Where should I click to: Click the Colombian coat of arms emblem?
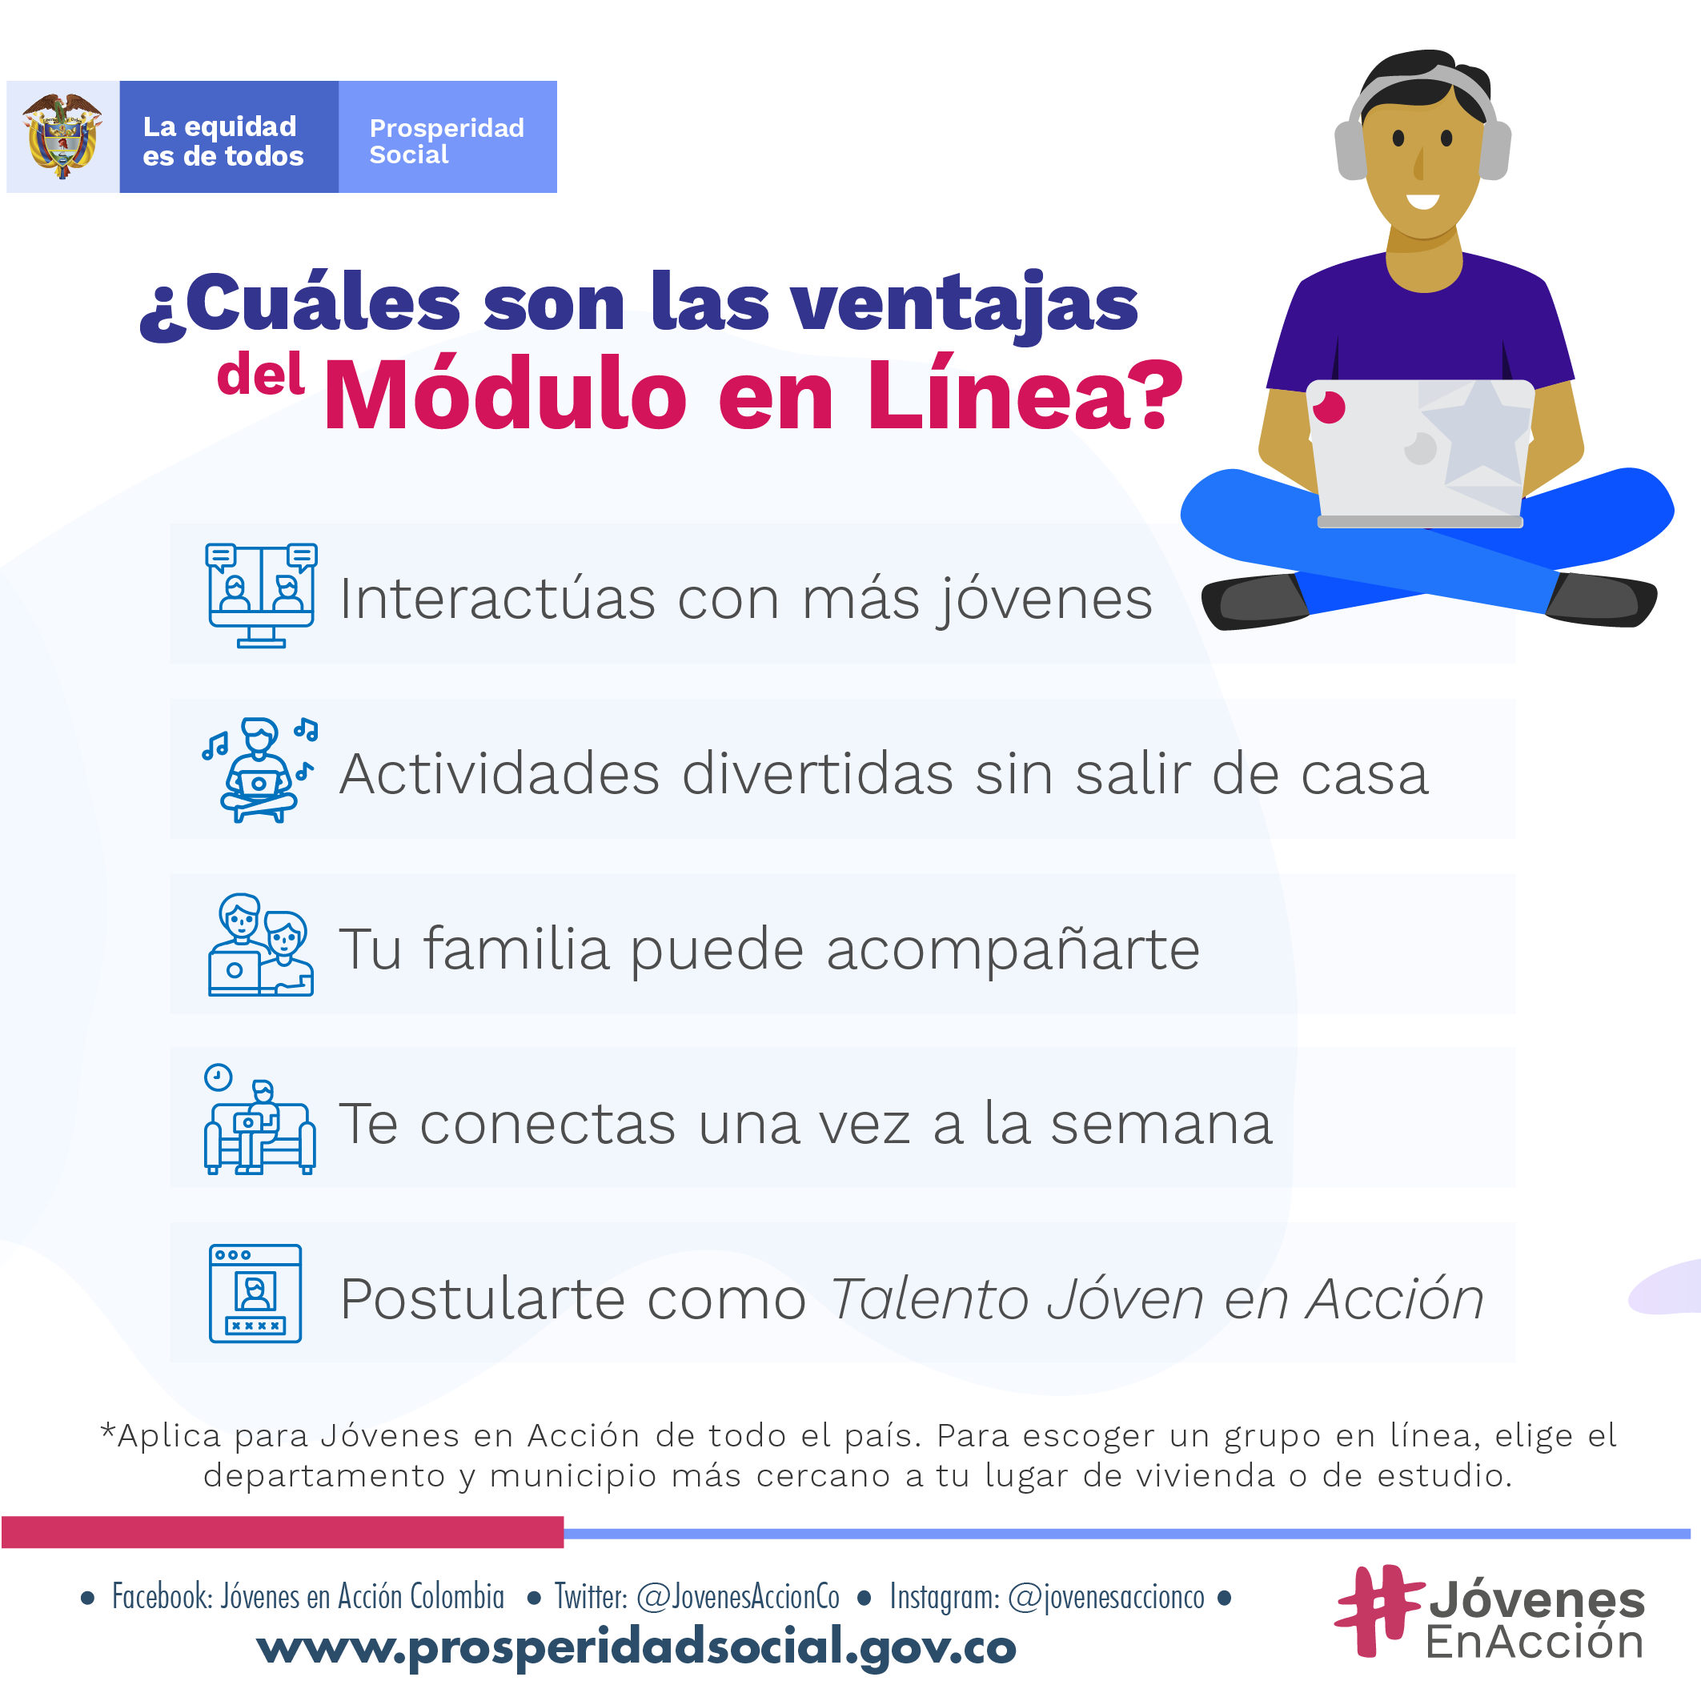[x=62, y=136]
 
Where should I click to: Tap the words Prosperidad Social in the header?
[x=447, y=141]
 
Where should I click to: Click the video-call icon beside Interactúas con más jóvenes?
[x=261, y=596]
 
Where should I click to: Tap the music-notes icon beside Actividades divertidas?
[x=259, y=769]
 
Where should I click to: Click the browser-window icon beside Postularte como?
[x=255, y=1294]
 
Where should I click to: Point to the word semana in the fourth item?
[x=1161, y=1125]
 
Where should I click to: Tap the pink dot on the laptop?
[x=1329, y=407]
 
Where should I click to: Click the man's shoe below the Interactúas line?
[x=1254, y=600]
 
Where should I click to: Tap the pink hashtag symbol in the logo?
[x=1378, y=1611]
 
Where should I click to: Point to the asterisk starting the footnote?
[x=107, y=1430]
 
